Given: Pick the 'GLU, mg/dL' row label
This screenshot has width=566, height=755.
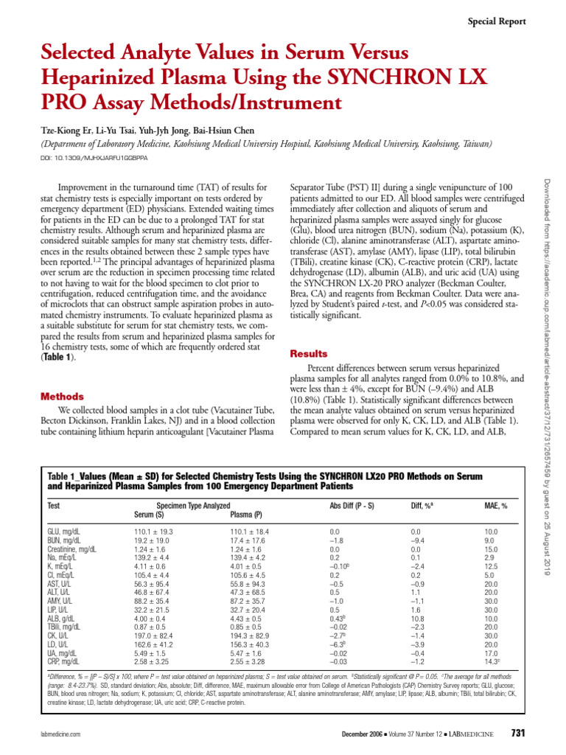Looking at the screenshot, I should pos(63,531).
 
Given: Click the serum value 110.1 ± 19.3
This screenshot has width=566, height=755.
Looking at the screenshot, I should pos(153,531).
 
